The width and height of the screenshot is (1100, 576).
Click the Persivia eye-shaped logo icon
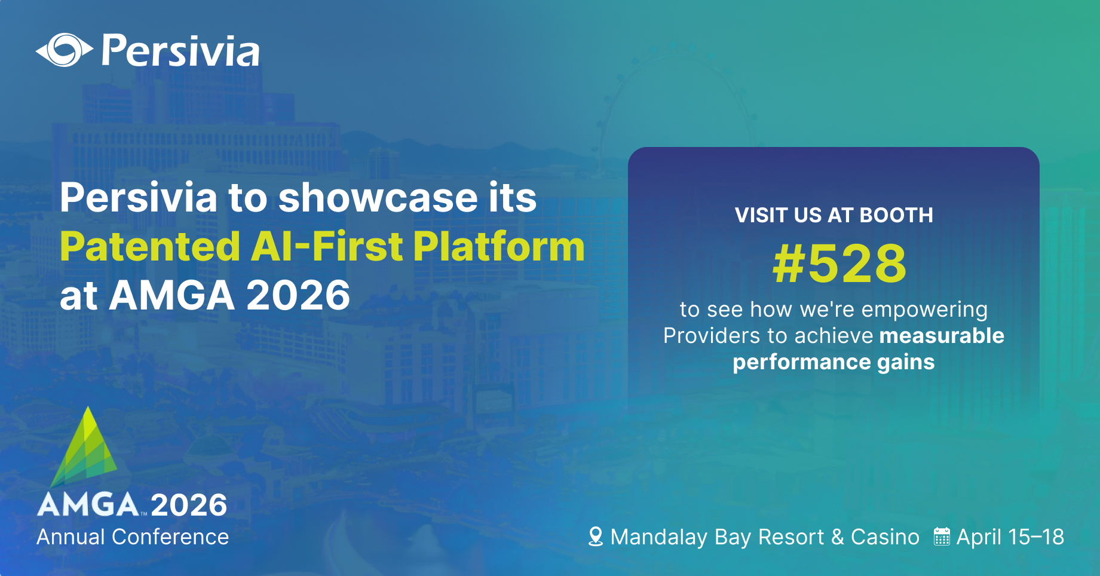64,50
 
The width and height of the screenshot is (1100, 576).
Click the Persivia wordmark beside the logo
180,51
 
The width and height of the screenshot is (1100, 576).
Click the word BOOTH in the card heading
896,215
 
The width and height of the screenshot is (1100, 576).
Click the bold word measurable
941,336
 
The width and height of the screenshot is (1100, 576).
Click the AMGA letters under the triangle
88,505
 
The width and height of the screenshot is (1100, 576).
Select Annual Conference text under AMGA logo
133,537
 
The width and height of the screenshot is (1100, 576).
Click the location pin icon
595,537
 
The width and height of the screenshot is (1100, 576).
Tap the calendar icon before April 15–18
942,537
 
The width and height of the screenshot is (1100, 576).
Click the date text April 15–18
1010,537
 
